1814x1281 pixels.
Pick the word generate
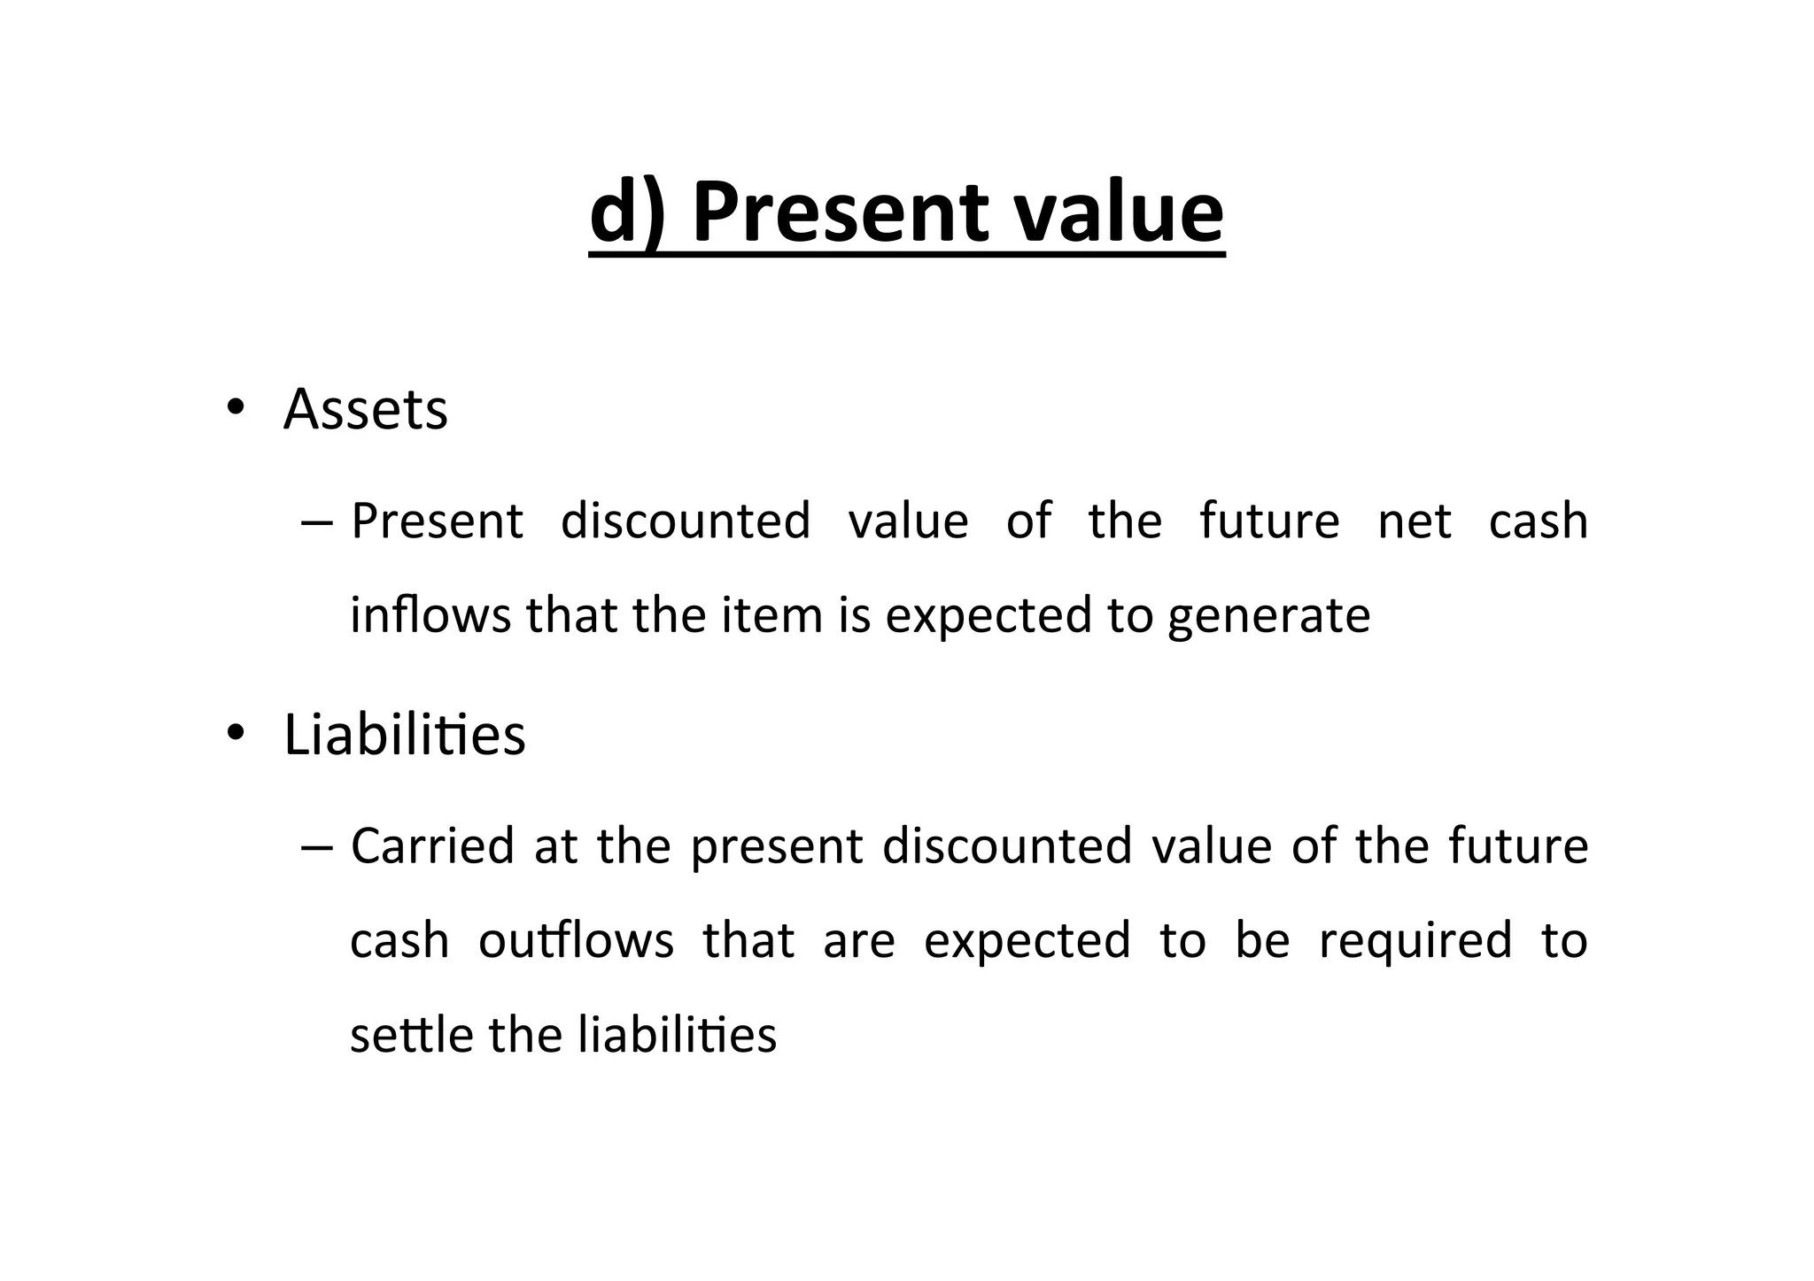click(1268, 616)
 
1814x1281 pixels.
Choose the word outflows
click(576, 940)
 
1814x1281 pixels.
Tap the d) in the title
click(626, 213)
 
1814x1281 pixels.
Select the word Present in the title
click(840, 213)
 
